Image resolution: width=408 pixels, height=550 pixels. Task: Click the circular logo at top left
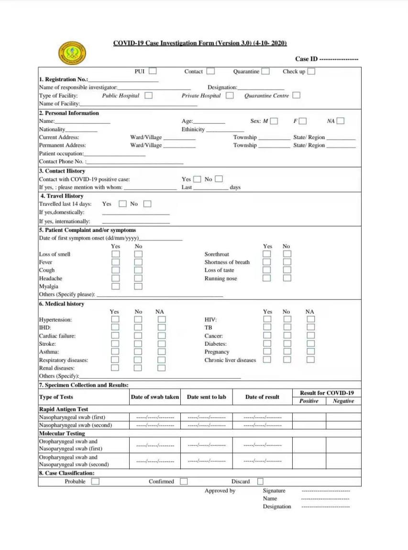pyautogui.click(x=72, y=54)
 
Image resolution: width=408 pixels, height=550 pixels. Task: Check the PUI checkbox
pyautogui.click(x=153, y=71)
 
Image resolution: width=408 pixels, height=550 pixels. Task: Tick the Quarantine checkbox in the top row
pyautogui.click(x=265, y=72)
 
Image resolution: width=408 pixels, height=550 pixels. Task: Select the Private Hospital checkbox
pyautogui.click(x=230, y=96)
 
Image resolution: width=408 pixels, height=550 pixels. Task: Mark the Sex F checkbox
pyautogui.click(x=303, y=121)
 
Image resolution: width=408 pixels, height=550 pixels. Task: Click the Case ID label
pyautogui.click(x=306, y=59)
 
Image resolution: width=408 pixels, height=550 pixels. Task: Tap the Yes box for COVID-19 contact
pyautogui.click(x=197, y=179)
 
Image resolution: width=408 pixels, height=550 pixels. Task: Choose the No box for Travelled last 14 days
pyautogui.click(x=147, y=204)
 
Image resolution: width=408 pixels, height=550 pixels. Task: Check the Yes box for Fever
pyautogui.click(x=115, y=262)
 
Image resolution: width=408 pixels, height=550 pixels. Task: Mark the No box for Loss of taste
pyautogui.click(x=287, y=270)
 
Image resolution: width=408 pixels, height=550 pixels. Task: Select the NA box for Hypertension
pyautogui.click(x=162, y=319)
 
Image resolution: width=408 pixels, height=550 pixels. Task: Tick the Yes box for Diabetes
pyautogui.click(x=267, y=344)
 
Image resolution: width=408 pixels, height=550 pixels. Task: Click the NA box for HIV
pyautogui.click(x=311, y=319)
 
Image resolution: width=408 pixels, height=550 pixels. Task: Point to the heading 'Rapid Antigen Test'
pyautogui.click(x=63, y=409)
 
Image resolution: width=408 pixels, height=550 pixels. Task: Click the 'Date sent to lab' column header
pyautogui.click(x=207, y=397)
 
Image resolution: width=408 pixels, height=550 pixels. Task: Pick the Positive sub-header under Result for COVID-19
pyautogui.click(x=309, y=401)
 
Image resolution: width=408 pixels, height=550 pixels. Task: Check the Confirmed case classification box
pyautogui.click(x=184, y=482)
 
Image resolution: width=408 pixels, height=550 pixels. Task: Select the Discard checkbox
pyautogui.click(x=260, y=482)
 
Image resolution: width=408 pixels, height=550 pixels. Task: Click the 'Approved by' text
pyautogui.click(x=220, y=491)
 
